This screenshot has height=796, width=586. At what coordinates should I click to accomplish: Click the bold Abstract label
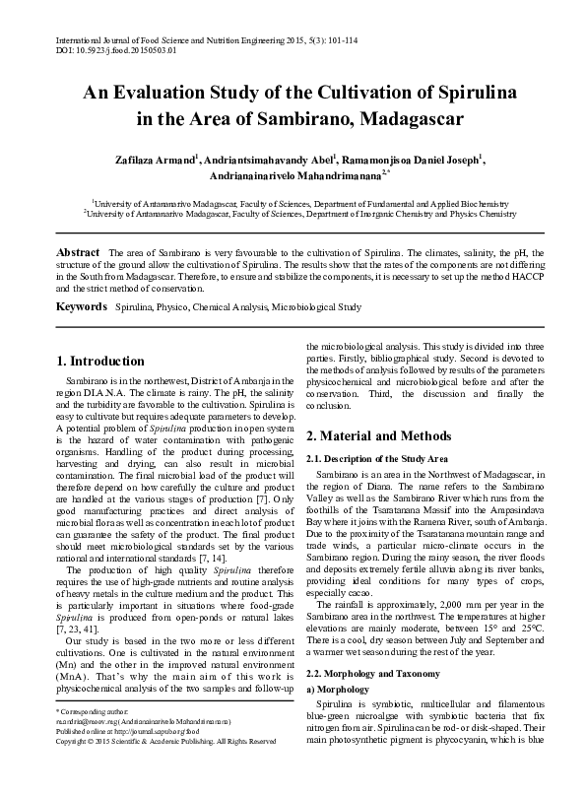[x=78, y=253]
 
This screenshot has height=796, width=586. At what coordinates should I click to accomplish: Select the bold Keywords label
[x=82, y=307]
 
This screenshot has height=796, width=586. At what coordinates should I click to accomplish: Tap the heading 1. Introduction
[x=100, y=362]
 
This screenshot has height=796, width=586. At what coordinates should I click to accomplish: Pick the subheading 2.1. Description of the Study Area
[x=378, y=458]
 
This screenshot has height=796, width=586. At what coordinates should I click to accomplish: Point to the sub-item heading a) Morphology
[x=338, y=690]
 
